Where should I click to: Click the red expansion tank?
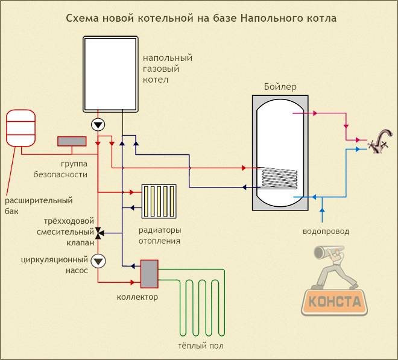(22, 128)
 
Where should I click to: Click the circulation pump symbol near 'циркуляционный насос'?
(98, 261)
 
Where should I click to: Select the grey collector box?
(149, 274)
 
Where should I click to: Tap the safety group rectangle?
(72, 141)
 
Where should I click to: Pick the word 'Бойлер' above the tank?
(280, 87)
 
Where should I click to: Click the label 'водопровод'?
(326, 231)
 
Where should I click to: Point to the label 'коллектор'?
(137, 297)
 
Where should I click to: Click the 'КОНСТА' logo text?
(335, 300)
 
